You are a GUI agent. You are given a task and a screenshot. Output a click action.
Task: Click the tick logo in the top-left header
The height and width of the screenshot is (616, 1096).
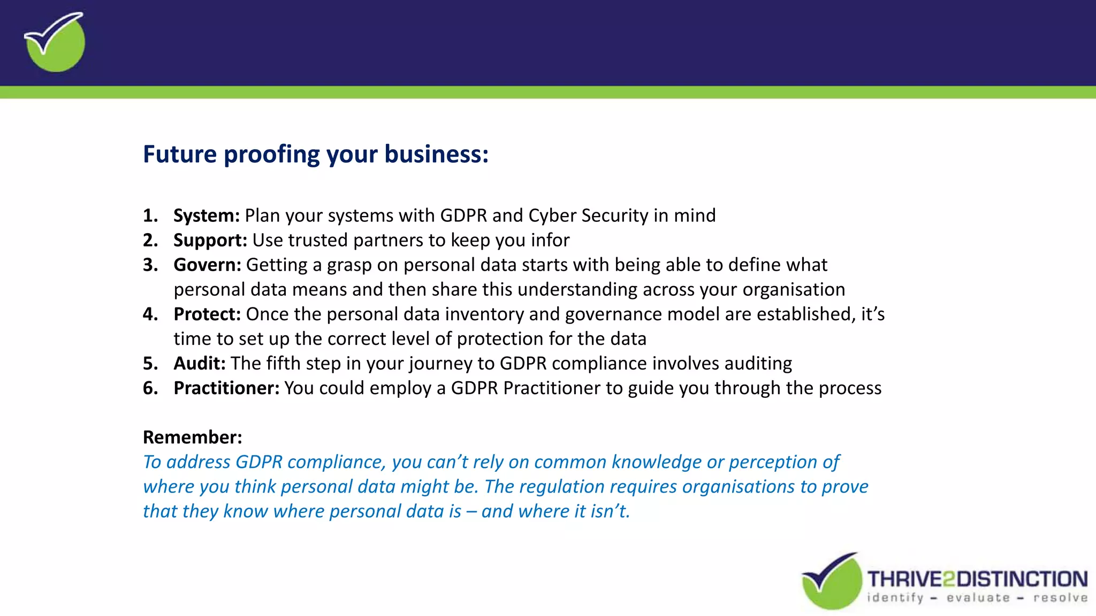click(x=55, y=42)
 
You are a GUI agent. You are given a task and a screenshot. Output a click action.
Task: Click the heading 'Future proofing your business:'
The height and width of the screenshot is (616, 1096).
click(x=316, y=154)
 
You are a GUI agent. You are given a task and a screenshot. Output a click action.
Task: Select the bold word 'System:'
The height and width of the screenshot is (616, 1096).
click(x=207, y=215)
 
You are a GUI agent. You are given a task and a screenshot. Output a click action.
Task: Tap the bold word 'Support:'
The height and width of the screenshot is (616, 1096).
click(x=210, y=240)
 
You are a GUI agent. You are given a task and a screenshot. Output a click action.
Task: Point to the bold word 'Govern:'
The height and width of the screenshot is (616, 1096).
click(x=207, y=265)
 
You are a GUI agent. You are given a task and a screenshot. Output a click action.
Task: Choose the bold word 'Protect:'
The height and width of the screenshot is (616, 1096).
click(x=207, y=314)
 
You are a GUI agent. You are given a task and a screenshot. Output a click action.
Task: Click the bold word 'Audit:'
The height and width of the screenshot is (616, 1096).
click(x=200, y=363)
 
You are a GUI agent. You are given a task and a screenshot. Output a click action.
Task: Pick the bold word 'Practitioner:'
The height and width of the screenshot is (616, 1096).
click(x=226, y=388)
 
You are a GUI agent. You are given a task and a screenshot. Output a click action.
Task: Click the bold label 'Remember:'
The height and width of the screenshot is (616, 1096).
click(x=192, y=437)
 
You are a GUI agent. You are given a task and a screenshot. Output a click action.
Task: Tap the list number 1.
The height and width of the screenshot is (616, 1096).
click(x=150, y=215)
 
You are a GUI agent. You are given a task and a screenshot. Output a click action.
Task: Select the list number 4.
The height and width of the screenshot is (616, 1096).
click(x=150, y=314)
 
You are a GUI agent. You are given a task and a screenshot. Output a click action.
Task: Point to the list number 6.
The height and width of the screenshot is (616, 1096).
click(x=150, y=388)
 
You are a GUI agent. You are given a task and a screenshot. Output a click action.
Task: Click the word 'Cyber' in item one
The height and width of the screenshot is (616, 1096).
click(x=552, y=215)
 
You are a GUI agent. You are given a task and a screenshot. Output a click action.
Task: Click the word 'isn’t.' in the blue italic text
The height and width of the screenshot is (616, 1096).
click(x=610, y=511)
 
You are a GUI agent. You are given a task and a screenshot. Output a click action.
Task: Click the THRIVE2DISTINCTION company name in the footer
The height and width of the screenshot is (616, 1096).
click(x=977, y=579)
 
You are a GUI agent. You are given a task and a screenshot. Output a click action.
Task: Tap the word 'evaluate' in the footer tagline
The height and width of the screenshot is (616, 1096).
click(x=978, y=598)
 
